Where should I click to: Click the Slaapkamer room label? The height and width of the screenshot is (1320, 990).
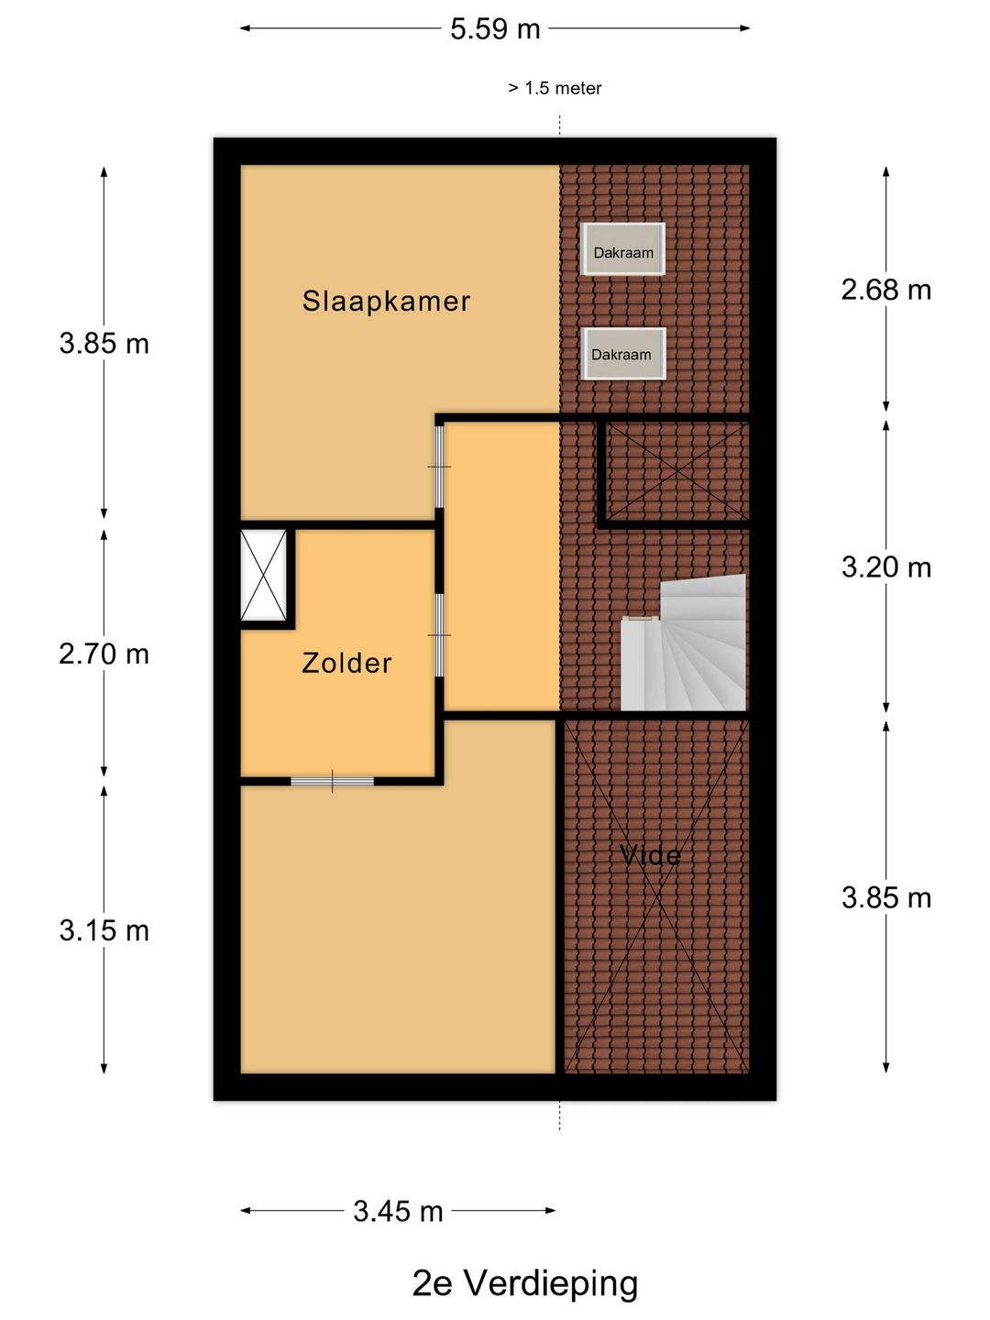[x=386, y=302]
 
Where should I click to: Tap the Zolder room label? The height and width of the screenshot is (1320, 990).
[x=346, y=664]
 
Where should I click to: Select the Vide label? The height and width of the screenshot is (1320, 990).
[x=651, y=855]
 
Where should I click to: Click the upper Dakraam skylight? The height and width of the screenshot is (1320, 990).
[x=623, y=249]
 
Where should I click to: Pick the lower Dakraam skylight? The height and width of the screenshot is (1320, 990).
[x=623, y=354]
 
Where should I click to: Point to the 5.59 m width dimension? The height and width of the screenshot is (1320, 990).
[x=495, y=28]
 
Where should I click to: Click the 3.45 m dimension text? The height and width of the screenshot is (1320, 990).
[x=398, y=1211]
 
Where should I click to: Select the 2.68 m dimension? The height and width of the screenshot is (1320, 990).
[x=886, y=291]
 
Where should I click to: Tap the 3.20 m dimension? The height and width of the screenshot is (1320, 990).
[x=886, y=567]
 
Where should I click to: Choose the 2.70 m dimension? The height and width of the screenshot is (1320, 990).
[x=104, y=654]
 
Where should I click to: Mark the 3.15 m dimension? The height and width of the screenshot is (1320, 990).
[x=104, y=930]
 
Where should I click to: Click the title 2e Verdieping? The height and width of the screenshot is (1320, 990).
[x=524, y=1283]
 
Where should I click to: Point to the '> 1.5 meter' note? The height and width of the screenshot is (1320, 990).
[x=555, y=88]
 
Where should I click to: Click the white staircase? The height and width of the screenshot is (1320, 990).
[x=684, y=643]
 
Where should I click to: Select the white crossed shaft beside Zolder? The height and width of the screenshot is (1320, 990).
[x=263, y=575]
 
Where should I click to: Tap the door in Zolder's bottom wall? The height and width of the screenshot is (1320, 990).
[x=333, y=781]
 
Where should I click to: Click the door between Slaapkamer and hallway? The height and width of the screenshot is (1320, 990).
[x=439, y=467]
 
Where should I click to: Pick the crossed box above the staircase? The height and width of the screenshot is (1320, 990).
[x=677, y=471]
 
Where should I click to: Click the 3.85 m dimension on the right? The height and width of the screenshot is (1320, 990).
[x=886, y=897]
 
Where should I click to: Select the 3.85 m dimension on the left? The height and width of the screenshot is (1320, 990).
[x=104, y=344]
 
